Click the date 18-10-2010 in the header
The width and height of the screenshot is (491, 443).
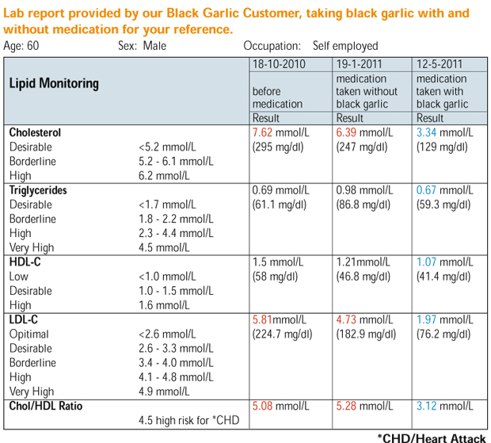coord(279,64)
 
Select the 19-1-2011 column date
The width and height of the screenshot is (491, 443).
coord(359,64)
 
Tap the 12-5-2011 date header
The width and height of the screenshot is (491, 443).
coord(439,64)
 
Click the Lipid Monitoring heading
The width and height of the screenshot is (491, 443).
coord(54,84)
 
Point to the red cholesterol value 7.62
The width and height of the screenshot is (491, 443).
coord(262,132)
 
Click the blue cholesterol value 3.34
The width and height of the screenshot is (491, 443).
coord(426,132)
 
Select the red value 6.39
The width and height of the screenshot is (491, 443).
coord(346,132)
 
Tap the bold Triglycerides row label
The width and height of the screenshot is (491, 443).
coord(38,190)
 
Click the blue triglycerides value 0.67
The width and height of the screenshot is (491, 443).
coord(426,190)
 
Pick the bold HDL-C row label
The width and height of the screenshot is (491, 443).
coord(25,262)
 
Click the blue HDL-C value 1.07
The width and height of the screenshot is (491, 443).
coord(426,262)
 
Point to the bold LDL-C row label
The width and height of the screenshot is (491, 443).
coord(24,319)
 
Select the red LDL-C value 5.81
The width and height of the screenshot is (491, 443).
coord(262,319)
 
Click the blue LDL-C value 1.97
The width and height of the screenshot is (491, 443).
coord(426,319)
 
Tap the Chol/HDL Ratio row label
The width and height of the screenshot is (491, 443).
coord(46,406)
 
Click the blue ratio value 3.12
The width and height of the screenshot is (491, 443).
coord(426,406)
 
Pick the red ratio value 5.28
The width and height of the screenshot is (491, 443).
coord(346,406)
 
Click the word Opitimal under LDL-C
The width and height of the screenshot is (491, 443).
coord(29,334)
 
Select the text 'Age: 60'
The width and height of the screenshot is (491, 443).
coord(21,46)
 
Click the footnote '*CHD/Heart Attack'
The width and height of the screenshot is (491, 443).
coord(432,438)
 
